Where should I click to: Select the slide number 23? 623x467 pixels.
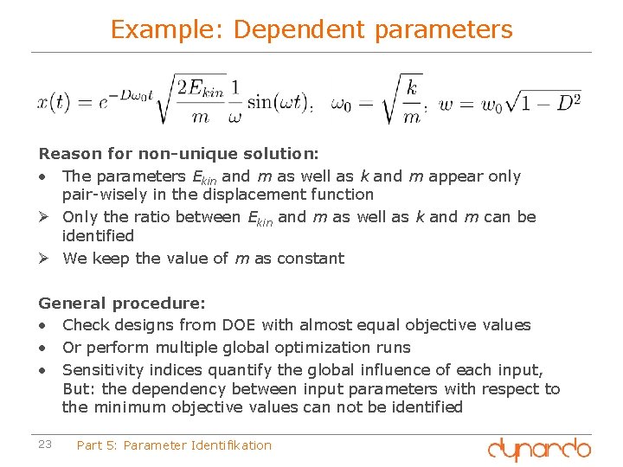pos(45,445)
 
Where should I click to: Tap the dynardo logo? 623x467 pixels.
pos(539,448)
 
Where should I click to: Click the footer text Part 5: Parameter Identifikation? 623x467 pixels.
pos(174,445)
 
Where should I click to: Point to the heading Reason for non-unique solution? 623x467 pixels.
pos(178,153)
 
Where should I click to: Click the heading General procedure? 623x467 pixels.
pos(122,304)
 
